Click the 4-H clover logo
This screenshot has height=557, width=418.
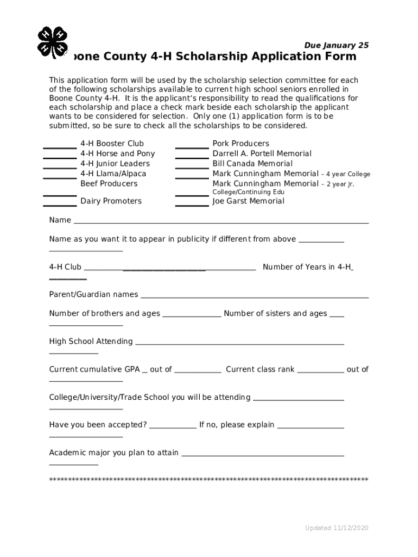click(53, 41)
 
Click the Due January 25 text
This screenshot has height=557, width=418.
click(336, 45)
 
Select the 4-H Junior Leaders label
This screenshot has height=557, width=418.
click(115, 164)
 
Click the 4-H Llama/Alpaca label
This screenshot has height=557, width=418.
click(113, 174)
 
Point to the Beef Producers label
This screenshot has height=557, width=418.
click(109, 184)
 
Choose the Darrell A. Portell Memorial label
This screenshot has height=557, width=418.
click(262, 153)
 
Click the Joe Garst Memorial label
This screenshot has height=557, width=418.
click(248, 201)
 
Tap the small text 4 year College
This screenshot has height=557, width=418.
click(348, 175)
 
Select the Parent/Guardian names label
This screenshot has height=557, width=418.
click(93, 295)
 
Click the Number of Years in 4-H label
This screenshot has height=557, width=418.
click(306, 267)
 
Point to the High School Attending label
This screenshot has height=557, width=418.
click(91, 342)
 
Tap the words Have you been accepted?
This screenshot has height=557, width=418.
click(98, 425)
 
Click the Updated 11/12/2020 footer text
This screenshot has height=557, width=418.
click(337, 528)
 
